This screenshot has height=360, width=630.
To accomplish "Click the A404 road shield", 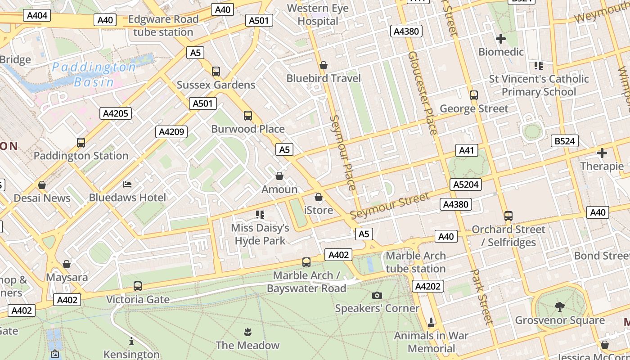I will (x=37, y=15).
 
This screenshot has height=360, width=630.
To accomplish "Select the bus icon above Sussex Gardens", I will (x=216, y=71).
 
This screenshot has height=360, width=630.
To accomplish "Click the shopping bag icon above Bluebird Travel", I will (x=323, y=65).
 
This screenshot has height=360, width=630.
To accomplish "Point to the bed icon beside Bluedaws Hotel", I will (x=127, y=184).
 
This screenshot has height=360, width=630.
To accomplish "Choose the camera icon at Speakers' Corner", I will (x=377, y=295).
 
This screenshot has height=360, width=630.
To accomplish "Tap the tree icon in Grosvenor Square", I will (x=560, y=307).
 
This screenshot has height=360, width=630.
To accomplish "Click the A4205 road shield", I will (x=116, y=113).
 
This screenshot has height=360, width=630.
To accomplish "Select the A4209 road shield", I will (x=171, y=131).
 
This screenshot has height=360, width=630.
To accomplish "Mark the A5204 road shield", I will (x=466, y=184).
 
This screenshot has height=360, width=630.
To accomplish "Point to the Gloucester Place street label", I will (x=423, y=93).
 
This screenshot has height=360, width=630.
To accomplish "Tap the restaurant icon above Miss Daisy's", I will (x=260, y=214).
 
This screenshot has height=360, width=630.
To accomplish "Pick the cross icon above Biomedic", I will (x=500, y=39).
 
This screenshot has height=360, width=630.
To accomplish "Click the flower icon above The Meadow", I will (x=247, y=333).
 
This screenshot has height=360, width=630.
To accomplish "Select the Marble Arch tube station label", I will (x=416, y=262).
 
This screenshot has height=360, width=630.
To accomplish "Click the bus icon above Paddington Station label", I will (x=81, y=143).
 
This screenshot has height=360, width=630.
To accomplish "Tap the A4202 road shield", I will (x=428, y=286).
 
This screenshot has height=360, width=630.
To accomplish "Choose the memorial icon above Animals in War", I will (x=431, y=322).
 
